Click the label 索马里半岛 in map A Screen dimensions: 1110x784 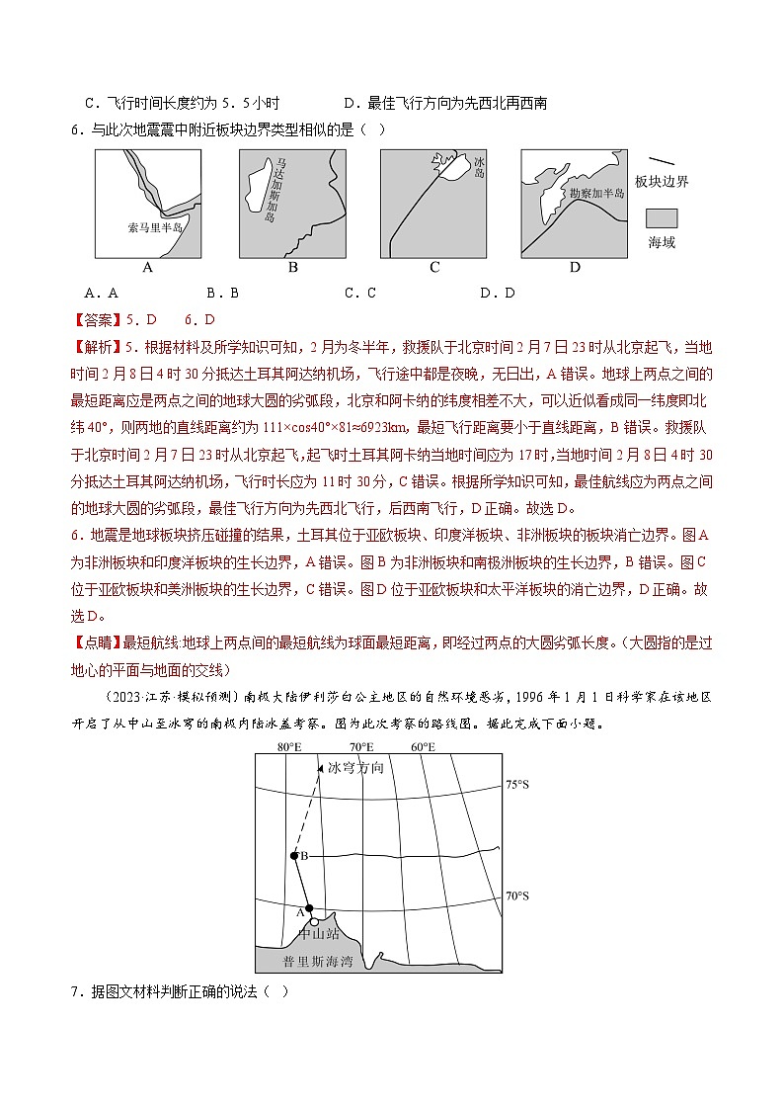pyautogui.click(x=156, y=227)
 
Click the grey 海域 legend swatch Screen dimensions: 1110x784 pyautogui.click(x=662, y=218)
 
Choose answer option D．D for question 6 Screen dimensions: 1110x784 pyautogui.click(x=497, y=293)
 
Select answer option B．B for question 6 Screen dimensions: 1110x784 pyautogui.click(x=222, y=293)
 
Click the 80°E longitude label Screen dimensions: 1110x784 pyautogui.click(x=289, y=746)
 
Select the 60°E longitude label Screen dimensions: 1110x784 pyautogui.click(x=424, y=746)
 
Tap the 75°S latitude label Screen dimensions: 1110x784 pyautogui.click(x=517, y=785)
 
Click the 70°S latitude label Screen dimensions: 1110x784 pyautogui.click(x=517, y=897)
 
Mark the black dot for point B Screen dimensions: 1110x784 pyautogui.click(x=293, y=856)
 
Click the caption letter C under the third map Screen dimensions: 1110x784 pyautogui.click(x=434, y=267)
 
